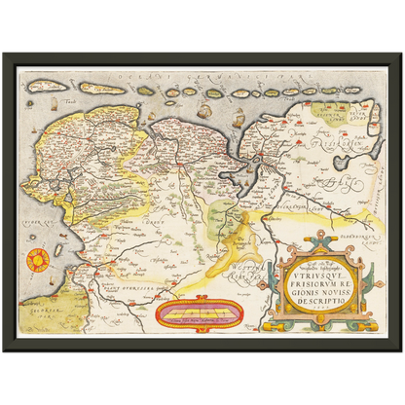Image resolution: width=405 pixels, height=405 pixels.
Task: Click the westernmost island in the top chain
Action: (46, 86)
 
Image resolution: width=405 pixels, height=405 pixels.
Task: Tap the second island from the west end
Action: (101, 89)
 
